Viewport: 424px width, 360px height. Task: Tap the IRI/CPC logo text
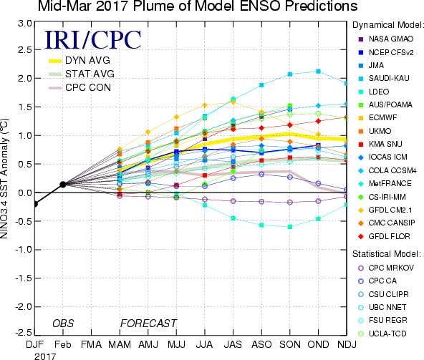[x=93, y=40]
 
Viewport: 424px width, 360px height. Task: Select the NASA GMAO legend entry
[x=386, y=39]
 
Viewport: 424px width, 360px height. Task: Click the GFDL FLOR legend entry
[x=384, y=236]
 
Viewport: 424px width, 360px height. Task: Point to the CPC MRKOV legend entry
[x=386, y=268]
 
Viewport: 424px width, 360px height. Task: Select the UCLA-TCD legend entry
[x=382, y=334]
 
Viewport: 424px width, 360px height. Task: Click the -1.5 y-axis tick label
[x=23, y=278]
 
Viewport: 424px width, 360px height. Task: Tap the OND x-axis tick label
[x=318, y=344]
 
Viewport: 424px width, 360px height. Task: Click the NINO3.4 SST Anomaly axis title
[x=4, y=178]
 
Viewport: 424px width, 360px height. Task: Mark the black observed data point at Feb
[x=63, y=185]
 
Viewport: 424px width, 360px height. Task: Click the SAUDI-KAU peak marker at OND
[x=318, y=72]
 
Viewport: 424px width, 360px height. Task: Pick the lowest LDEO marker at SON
[x=290, y=227]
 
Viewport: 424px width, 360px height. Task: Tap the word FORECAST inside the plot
[x=148, y=323]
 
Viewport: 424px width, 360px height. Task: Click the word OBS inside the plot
[x=63, y=323]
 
